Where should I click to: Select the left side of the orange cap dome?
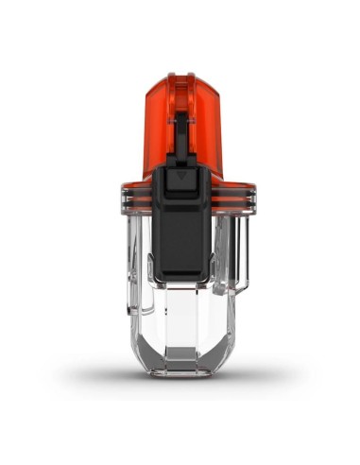pyautogui.click(x=157, y=128)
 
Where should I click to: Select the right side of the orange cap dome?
pyautogui.click(x=214, y=128)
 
